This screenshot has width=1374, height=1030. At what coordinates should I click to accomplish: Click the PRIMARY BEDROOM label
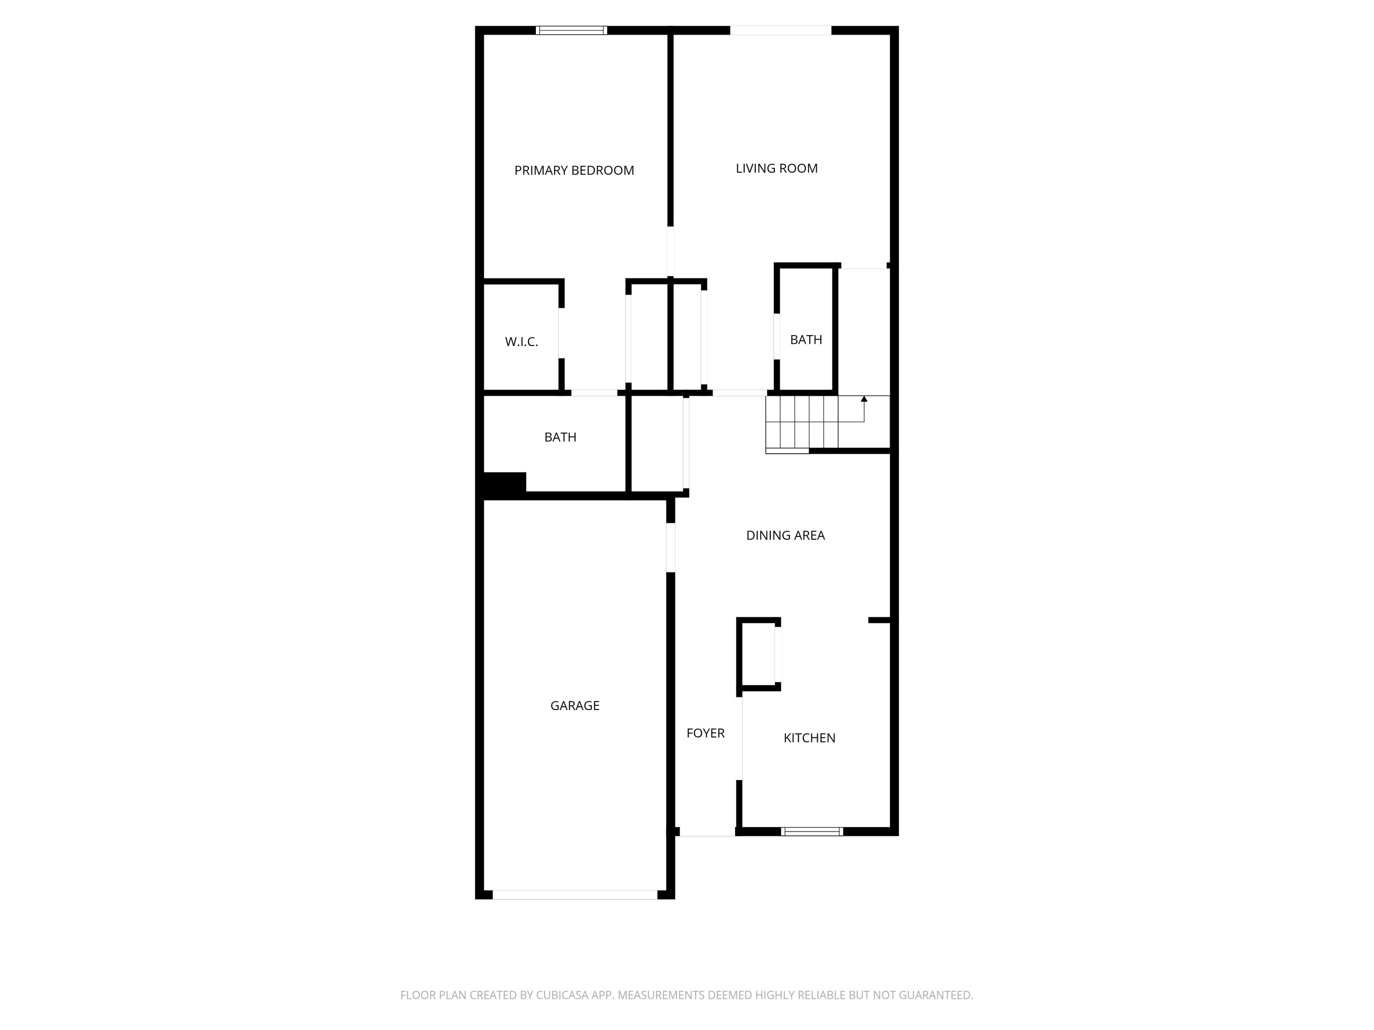point(574,171)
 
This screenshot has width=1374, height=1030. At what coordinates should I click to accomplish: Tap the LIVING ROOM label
point(776,168)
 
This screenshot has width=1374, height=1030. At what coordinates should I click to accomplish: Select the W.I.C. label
point(521,342)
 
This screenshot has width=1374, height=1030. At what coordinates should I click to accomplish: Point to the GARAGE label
point(575,706)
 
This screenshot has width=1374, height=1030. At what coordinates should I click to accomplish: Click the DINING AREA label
point(785,535)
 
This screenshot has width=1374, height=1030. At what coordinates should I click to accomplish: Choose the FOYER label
point(705,733)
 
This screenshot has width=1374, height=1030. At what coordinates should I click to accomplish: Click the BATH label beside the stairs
point(806,340)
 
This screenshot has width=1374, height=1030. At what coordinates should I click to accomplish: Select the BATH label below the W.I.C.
point(560,437)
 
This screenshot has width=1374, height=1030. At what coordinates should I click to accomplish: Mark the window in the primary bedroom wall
point(572,30)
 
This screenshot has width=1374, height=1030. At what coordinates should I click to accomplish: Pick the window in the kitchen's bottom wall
point(812,831)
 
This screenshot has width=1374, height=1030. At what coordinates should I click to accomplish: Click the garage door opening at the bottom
point(575,894)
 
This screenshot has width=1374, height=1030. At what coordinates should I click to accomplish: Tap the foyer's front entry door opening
point(707,832)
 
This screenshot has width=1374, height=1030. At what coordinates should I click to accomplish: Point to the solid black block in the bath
point(504,484)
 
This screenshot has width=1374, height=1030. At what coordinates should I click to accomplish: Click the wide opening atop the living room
point(780,30)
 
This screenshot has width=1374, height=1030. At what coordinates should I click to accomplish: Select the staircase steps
point(801,422)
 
